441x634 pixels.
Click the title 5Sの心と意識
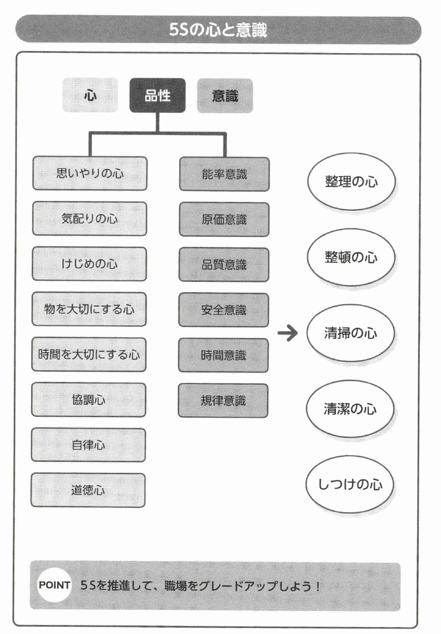click(220, 31)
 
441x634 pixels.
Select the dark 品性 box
click(158, 95)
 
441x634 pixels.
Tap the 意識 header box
click(225, 95)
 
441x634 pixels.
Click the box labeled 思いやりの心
click(89, 174)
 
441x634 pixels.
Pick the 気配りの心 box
click(89, 219)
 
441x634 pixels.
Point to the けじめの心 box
click(89, 264)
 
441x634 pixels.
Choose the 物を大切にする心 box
click(89, 310)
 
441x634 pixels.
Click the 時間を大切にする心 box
click(89, 355)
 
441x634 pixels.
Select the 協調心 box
click(89, 400)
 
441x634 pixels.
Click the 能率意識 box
click(224, 174)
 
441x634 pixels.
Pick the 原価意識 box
click(224, 219)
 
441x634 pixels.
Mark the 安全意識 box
click(224, 310)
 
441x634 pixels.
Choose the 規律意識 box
click(224, 400)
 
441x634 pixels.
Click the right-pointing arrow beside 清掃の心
click(288, 333)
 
